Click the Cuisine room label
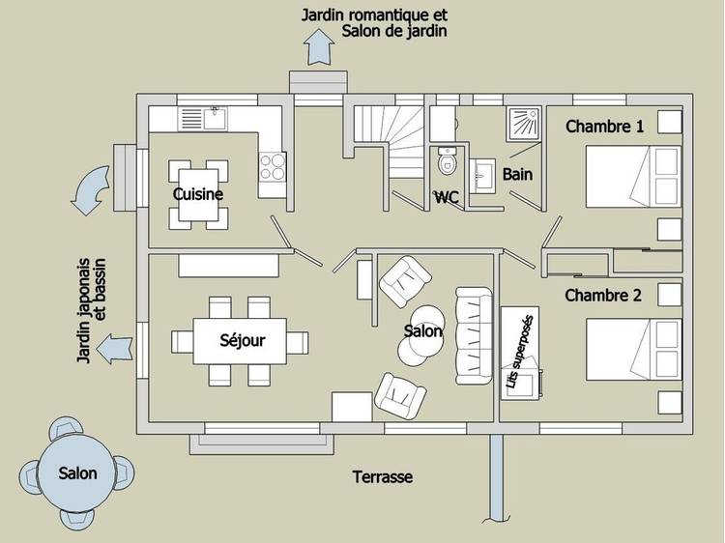(198, 194)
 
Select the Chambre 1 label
(604, 127)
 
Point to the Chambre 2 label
(603, 296)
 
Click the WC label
(446, 197)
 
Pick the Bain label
(517, 175)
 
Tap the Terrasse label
(382, 477)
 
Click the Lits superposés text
(520, 352)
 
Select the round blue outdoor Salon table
(77, 473)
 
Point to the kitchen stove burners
(273, 166)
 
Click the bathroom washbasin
(483, 174)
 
